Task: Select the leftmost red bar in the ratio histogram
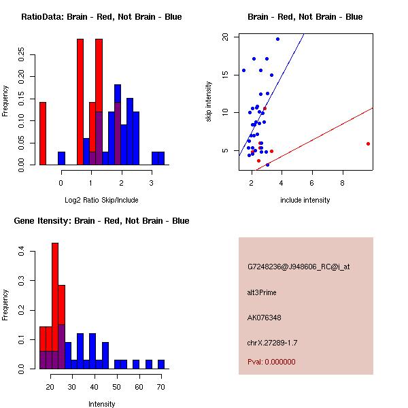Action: click(43, 133)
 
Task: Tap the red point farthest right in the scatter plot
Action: click(368, 143)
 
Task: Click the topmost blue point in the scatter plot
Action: click(277, 39)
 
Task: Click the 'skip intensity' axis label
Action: click(210, 102)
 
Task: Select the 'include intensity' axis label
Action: click(305, 200)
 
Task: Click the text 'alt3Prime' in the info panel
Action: click(262, 292)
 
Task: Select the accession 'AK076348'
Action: click(265, 318)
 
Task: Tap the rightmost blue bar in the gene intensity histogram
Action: click(161, 364)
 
